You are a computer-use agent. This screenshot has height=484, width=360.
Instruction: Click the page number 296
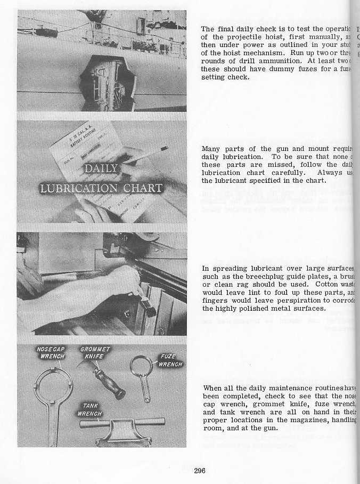point(200,470)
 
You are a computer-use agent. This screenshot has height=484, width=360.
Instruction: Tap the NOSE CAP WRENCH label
point(51,352)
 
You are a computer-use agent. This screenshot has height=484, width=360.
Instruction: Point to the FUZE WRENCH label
point(170,360)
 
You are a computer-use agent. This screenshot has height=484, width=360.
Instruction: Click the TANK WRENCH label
point(90,409)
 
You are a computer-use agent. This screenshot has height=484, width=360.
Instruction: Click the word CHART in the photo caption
point(140,188)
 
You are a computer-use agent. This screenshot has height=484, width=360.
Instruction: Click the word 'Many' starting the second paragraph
point(210,149)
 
